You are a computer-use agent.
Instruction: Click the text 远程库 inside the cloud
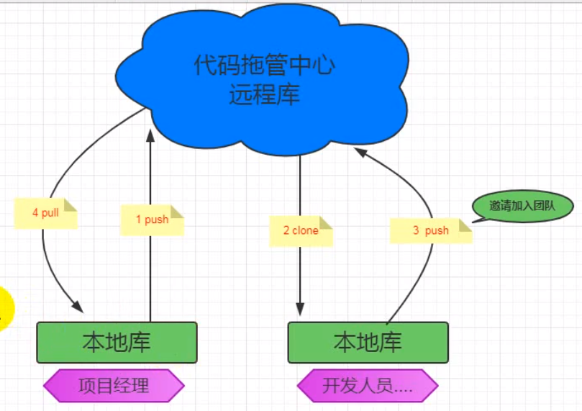pyautogui.click(x=265, y=95)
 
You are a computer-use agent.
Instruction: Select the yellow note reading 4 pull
pyautogui.click(x=45, y=214)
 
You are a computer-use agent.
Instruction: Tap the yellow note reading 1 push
pyautogui.click(x=152, y=220)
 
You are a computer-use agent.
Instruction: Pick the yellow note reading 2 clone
pyautogui.click(x=301, y=230)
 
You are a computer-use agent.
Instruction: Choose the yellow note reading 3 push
pyautogui.click(x=431, y=230)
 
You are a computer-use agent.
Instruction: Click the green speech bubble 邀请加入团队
pyautogui.click(x=522, y=206)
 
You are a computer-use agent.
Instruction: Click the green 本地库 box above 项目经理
pyautogui.click(x=117, y=342)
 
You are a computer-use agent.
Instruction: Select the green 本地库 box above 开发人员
pyautogui.click(x=368, y=342)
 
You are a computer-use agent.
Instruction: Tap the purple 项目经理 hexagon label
pyautogui.click(x=114, y=385)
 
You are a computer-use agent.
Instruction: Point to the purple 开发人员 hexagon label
pyautogui.click(x=367, y=386)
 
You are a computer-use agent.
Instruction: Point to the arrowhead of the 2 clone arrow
pyautogui.click(x=299, y=310)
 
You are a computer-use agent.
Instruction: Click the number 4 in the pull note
pyautogui.click(x=35, y=213)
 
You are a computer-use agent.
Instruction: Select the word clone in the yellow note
pyautogui.click(x=306, y=230)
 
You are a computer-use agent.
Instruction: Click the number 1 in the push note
pyautogui.click(x=139, y=220)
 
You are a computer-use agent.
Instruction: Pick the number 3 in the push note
pyautogui.click(x=416, y=230)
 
